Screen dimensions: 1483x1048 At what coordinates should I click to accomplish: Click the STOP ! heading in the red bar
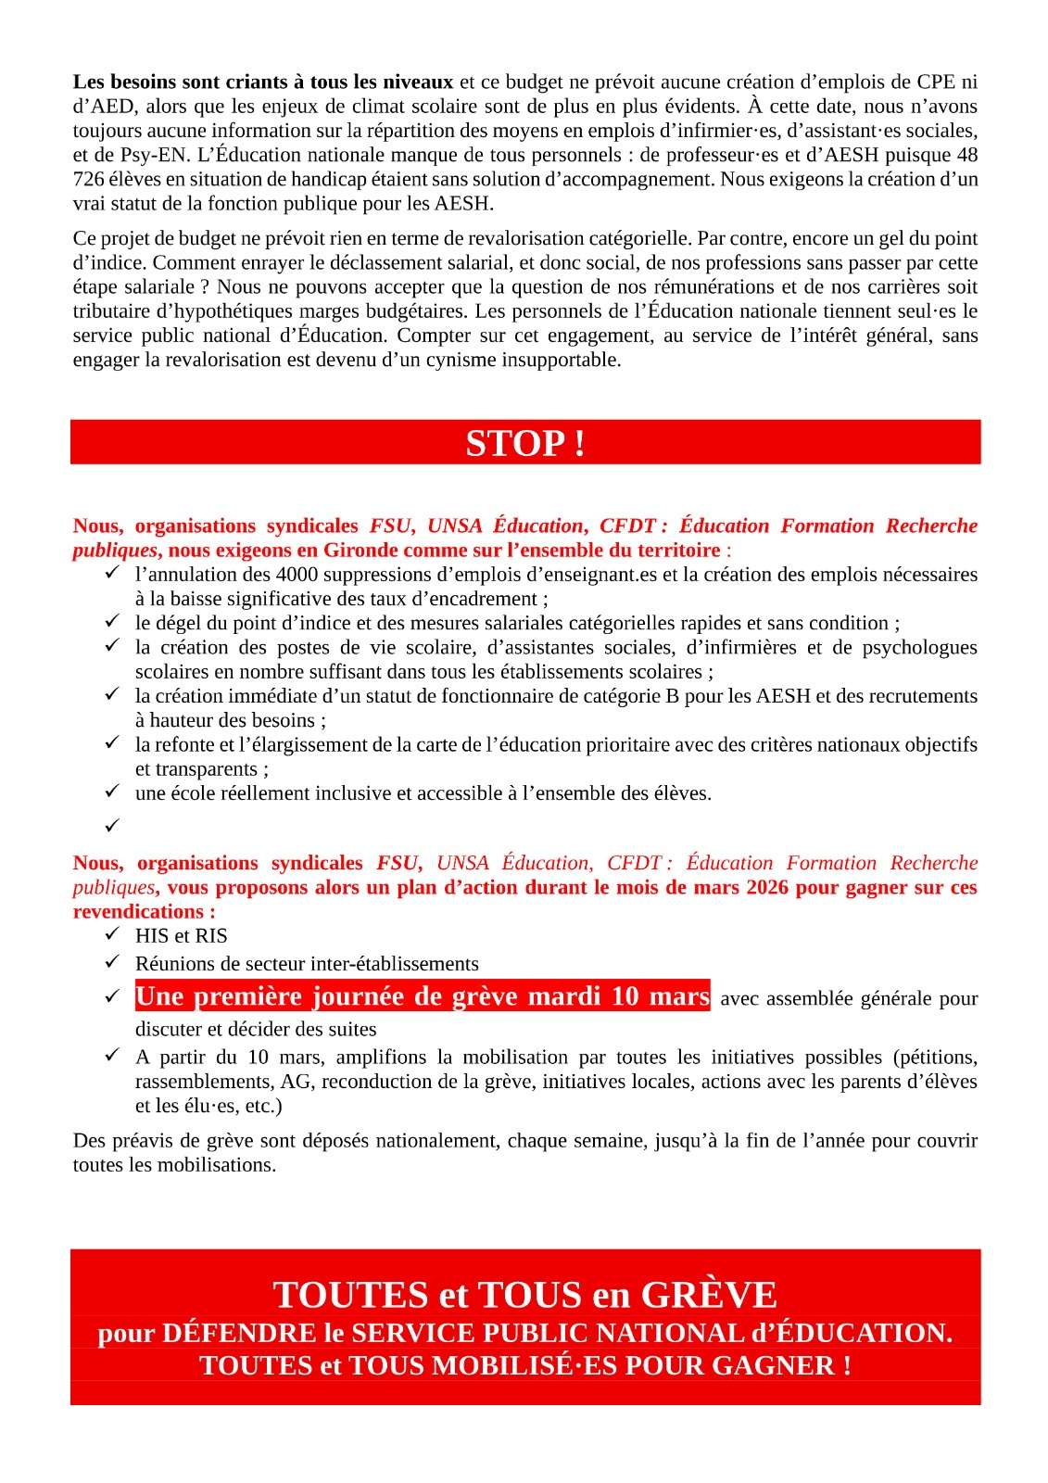click(x=524, y=444)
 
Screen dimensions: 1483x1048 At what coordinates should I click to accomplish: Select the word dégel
click(x=180, y=623)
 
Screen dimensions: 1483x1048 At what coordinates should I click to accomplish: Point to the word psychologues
click(x=919, y=647)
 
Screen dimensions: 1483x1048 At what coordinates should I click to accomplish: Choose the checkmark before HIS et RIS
click(x=112, y=935)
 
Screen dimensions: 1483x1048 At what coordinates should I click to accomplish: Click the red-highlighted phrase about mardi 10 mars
click(x=423, y=996)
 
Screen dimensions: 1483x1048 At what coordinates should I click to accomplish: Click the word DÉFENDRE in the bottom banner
click(x=239, y=1334)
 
